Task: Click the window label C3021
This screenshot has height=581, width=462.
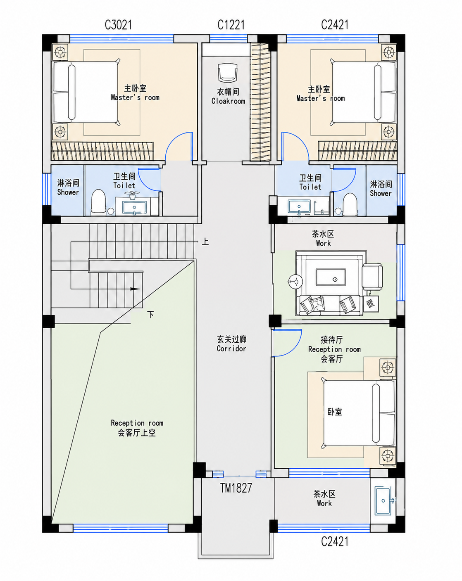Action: (x=118, y=25)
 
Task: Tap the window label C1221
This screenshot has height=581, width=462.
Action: (x=231, y=25)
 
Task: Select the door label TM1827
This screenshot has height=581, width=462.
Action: (x=236, y=488)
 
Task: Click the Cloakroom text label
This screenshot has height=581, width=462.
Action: (x=228, y=101)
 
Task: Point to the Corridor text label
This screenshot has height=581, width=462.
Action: (x=231, y=348)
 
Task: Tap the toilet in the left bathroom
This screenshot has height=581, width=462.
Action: (x=98, y=202)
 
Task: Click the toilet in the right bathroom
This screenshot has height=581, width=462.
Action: (x=350, y=204)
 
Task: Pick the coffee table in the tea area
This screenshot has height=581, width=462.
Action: (x=331, y=277)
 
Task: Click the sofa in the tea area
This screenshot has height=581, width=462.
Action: (x=330, y=305)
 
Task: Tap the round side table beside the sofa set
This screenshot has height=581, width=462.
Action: (x=295, y=282)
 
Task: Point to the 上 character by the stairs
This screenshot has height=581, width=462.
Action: (x=205, y=241)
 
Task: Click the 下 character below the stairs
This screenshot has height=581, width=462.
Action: (x=150, y=314)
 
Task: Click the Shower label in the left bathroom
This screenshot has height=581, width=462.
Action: (x=68, y=192)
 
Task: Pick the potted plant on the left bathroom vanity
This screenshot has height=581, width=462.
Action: (x=132, y=195)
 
